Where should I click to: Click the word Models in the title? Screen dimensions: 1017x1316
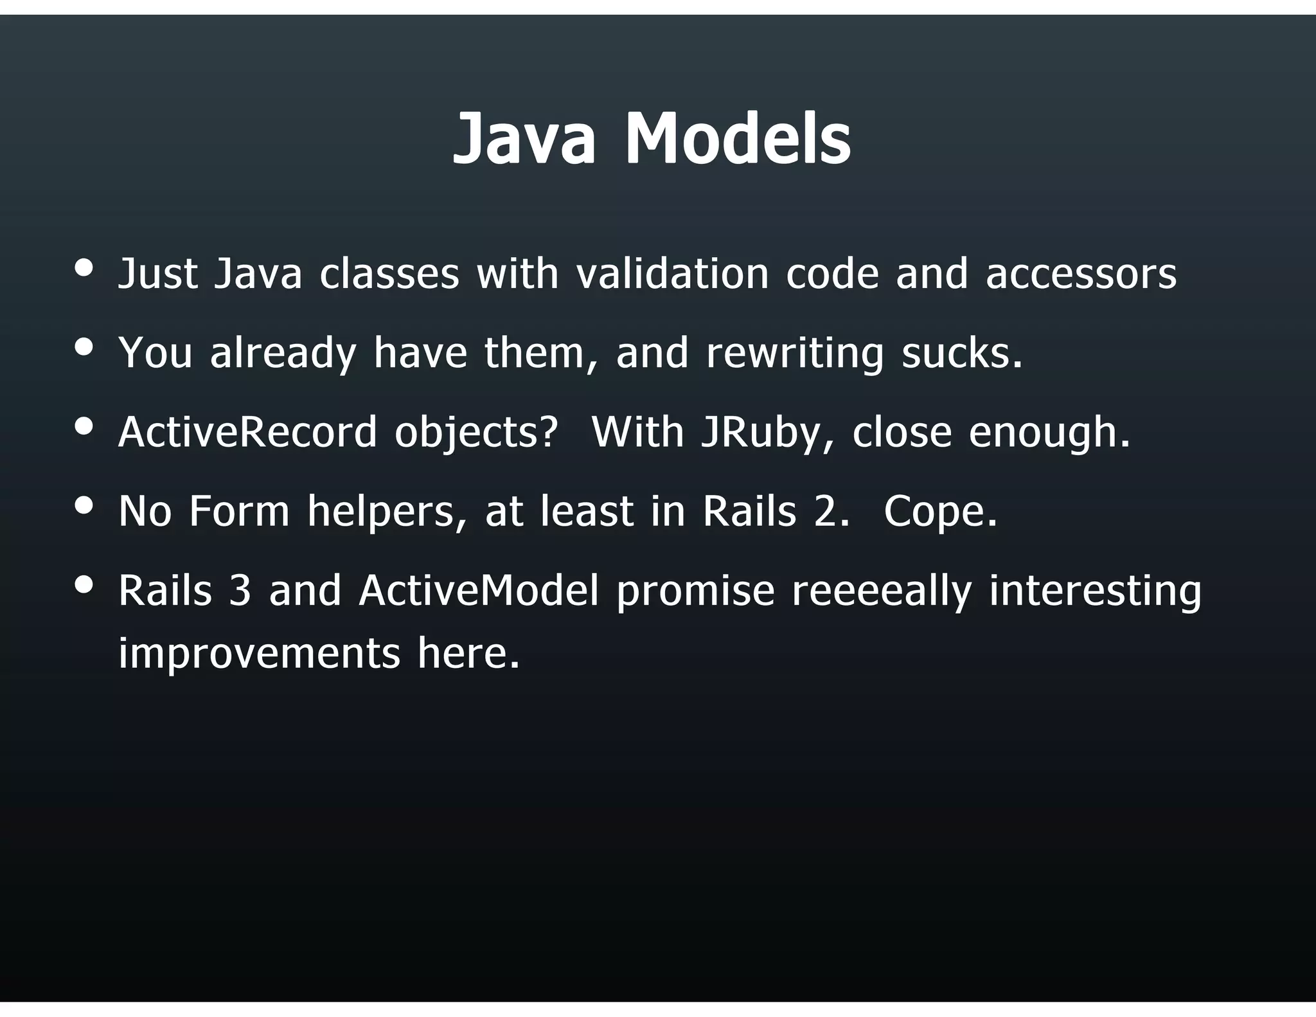point(738,139)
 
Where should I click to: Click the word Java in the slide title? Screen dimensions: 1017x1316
point(524,139)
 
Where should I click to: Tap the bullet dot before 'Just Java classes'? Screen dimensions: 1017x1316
point(84,267)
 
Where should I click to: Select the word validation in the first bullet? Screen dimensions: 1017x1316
point(672,273)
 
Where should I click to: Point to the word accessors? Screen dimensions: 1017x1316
point(1081,274)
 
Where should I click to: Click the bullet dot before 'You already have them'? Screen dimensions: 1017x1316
point(84,347)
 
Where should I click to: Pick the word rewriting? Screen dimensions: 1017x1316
point(794,354)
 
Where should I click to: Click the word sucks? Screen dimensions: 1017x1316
point(961,353)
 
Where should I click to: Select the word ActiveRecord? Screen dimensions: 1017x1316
point(247,432)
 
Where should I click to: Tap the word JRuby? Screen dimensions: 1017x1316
point(761,433)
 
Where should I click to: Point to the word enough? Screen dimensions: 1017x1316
point(1049,433)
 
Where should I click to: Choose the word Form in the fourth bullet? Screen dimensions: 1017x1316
point(239,511)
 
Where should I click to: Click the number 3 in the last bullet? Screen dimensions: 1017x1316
point(239,590)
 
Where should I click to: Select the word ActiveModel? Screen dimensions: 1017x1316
point(478,590)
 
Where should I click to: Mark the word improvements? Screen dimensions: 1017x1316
point(259,654)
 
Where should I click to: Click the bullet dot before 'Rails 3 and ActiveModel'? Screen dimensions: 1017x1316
point(84,584)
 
